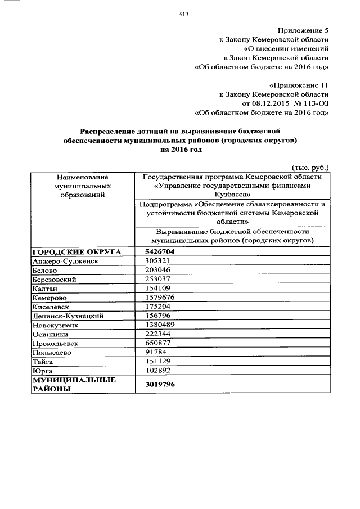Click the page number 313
183,14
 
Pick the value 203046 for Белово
157,270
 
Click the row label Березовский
55,280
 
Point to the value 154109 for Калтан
157,289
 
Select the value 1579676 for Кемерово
160,298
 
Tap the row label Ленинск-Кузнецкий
68,316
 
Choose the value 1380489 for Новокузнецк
160,325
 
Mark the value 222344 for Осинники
157,334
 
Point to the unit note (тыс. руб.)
310,167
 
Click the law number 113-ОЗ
313,103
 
